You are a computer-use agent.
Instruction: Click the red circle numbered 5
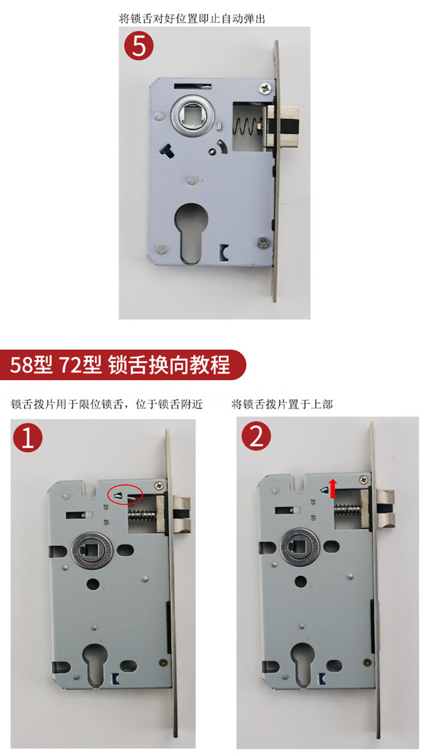tap(139, 45)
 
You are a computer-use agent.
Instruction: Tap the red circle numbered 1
tap(28, 438)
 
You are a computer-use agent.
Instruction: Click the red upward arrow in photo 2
tap(333, 488)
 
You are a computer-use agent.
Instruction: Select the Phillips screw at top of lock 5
tap(265, 89)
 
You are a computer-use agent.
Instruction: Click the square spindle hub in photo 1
tap(92, 551)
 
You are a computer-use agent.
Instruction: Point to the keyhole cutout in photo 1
tap(95, 664)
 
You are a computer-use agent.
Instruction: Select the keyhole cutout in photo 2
tap(303, 663)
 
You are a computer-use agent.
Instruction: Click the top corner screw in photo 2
tap(364, 480)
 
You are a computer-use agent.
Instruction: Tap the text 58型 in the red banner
tap(31, 365)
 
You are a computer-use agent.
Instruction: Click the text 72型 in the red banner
tap(80, 365)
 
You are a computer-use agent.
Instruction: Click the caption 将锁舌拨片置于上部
tap(282, 404)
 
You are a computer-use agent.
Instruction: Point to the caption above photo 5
tap(192, 18)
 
